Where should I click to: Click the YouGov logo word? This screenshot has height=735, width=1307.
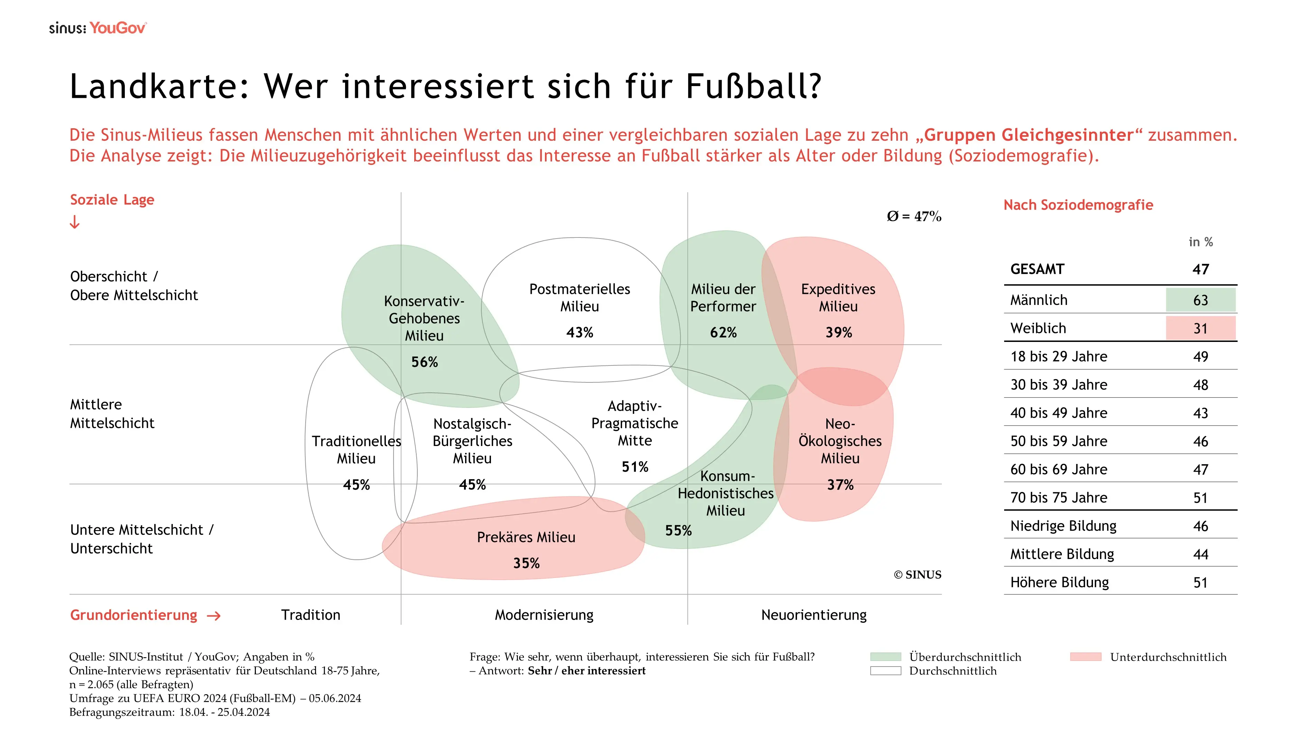[118, 28]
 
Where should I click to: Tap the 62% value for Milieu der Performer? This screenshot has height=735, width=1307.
[723, 332]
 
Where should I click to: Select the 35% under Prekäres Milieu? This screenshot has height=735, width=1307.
[526, 563]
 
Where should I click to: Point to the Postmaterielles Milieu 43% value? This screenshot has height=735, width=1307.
[580, 332]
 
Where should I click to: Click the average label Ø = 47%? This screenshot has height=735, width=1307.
[914, 217]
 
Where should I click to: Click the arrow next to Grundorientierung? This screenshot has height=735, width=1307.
[214, 616]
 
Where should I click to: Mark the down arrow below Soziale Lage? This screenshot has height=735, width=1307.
[75, 222]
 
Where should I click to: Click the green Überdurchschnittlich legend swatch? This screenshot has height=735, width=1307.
[886, 657]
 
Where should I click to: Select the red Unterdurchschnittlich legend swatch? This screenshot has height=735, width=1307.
[1085, 657]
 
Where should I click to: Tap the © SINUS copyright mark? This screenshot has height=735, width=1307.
[917, 575]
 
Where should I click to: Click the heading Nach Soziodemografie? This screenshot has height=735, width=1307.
[1078, 205]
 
